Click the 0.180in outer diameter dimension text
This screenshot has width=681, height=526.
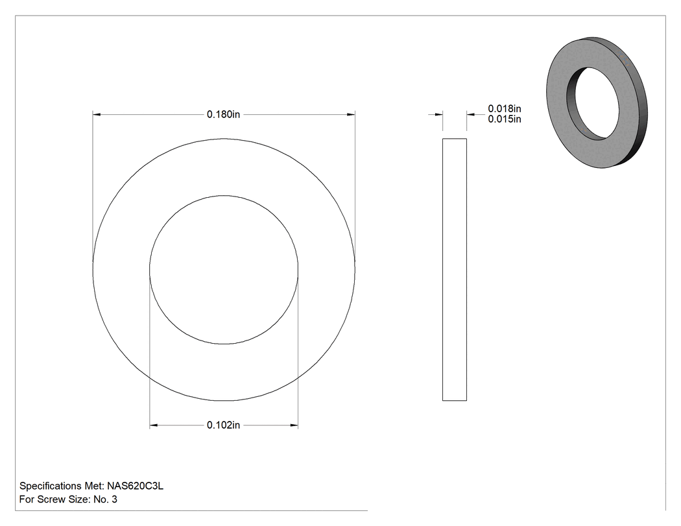pyautogui.click(x=223, y=114)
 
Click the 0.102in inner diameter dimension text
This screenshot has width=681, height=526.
pyautogui.click(x=223, y=425)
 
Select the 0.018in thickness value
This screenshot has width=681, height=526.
pyautogui.click(x=504, y=108)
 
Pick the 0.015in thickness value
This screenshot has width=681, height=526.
pyautogui.click(x=504, y=119)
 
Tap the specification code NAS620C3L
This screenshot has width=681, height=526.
pyautogui.click(x=136, y=486)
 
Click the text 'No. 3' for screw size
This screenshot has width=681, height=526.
pyautogui.click(x=106, y=499)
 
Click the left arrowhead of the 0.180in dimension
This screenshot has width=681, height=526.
pyautogui.click(x=97, y=115)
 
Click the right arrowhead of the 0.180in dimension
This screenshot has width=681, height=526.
pyautogui.click(x=351, y=115)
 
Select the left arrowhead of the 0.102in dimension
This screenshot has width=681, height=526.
pyautogui.click(x=154, y=425)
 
